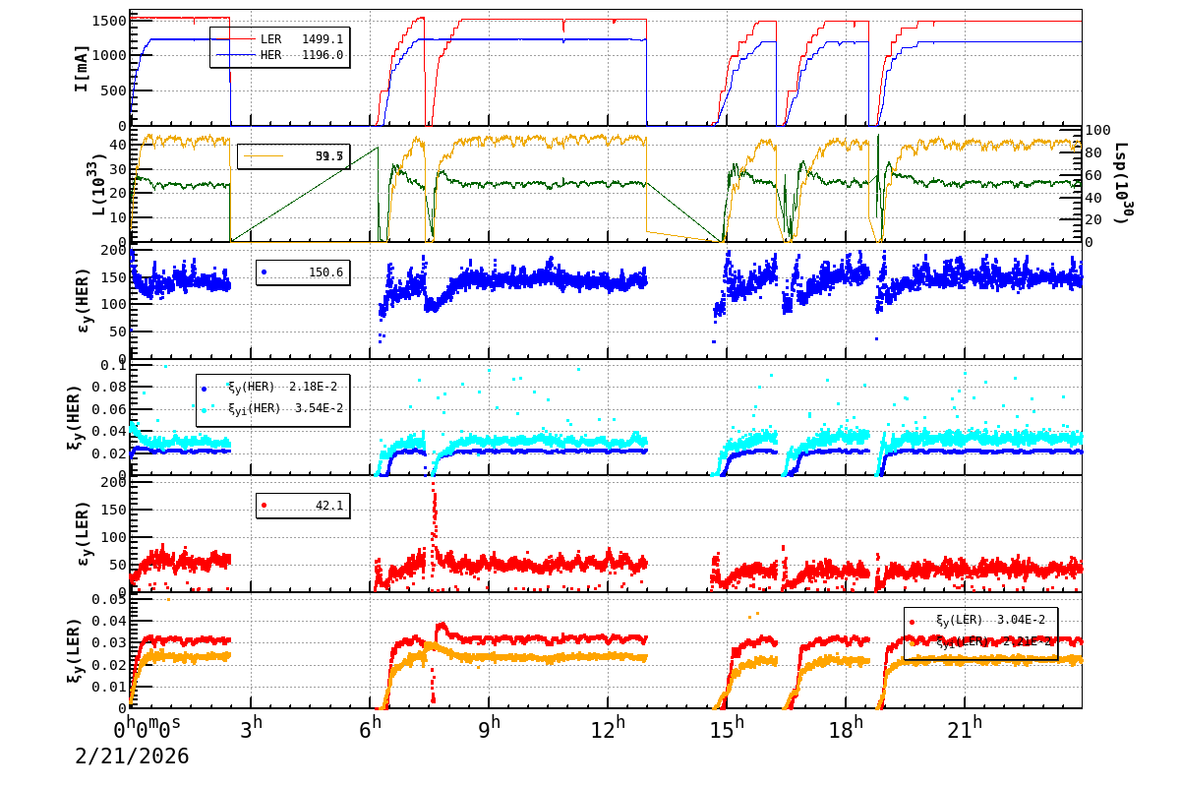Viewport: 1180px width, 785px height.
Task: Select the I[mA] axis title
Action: tap(82, 68)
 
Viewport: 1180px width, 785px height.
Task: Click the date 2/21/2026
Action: tap(132, 755)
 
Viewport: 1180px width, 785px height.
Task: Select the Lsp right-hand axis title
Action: tap(1121, 183)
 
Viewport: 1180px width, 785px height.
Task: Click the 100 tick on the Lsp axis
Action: tap(1097, 130)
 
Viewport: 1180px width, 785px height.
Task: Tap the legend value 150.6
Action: tap(325, 272)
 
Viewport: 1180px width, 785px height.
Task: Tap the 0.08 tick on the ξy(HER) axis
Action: tap(110, 387)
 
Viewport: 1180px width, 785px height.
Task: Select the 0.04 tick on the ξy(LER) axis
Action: tap(110, 621)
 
